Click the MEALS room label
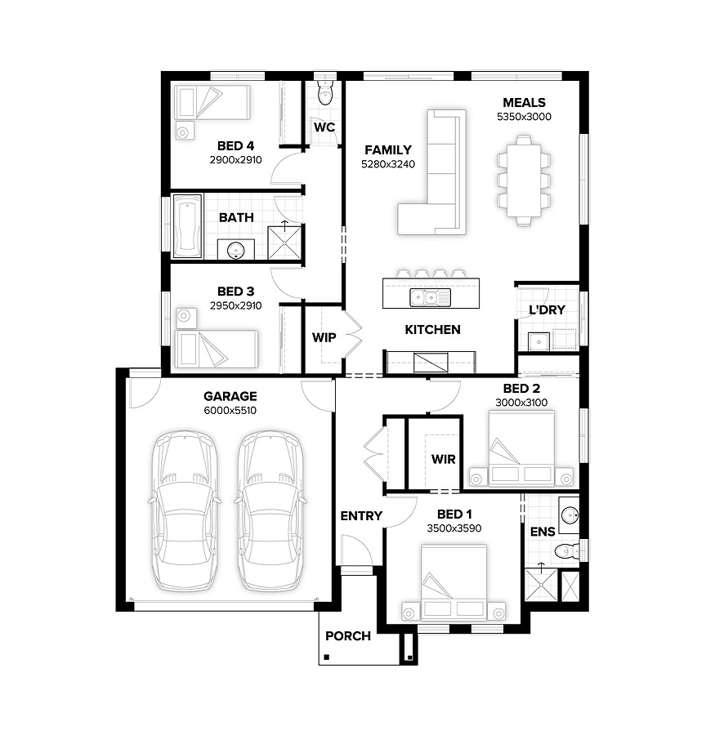pyautogui.click(x=524, y=103)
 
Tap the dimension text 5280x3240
pyautogui.click(x=388, y=164)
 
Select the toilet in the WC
pyautogui.click(x=324, y=93)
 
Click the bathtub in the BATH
pyautogui.click(x=188, y=226)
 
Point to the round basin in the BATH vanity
pyautogui.click(x=235, y=251)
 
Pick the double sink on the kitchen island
pyautogui.click(x=430, y=297)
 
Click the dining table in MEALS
pyautogui.click(x=524, y=180)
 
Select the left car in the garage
pyautogui.click(x=185, y=510)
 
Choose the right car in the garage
pyautogui.click(x=271, y=510)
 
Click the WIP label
pyautogui.click(x=324, y=337)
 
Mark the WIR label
pyautogui.click(x=444, y=459)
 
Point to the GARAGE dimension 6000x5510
pyautogui.click(x=230, y=411)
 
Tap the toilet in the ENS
pyautogui.click(x=566, y=551)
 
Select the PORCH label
pyautogui.click(x=348, y=636)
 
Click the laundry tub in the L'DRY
pyautogui.click(x=538, y=341)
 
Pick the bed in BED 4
pyautogui.click(x=212, y=102)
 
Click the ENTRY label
pyautogui.click(x=361, y=516)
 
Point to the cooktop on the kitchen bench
pyautogui.click(x=431, y=363)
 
